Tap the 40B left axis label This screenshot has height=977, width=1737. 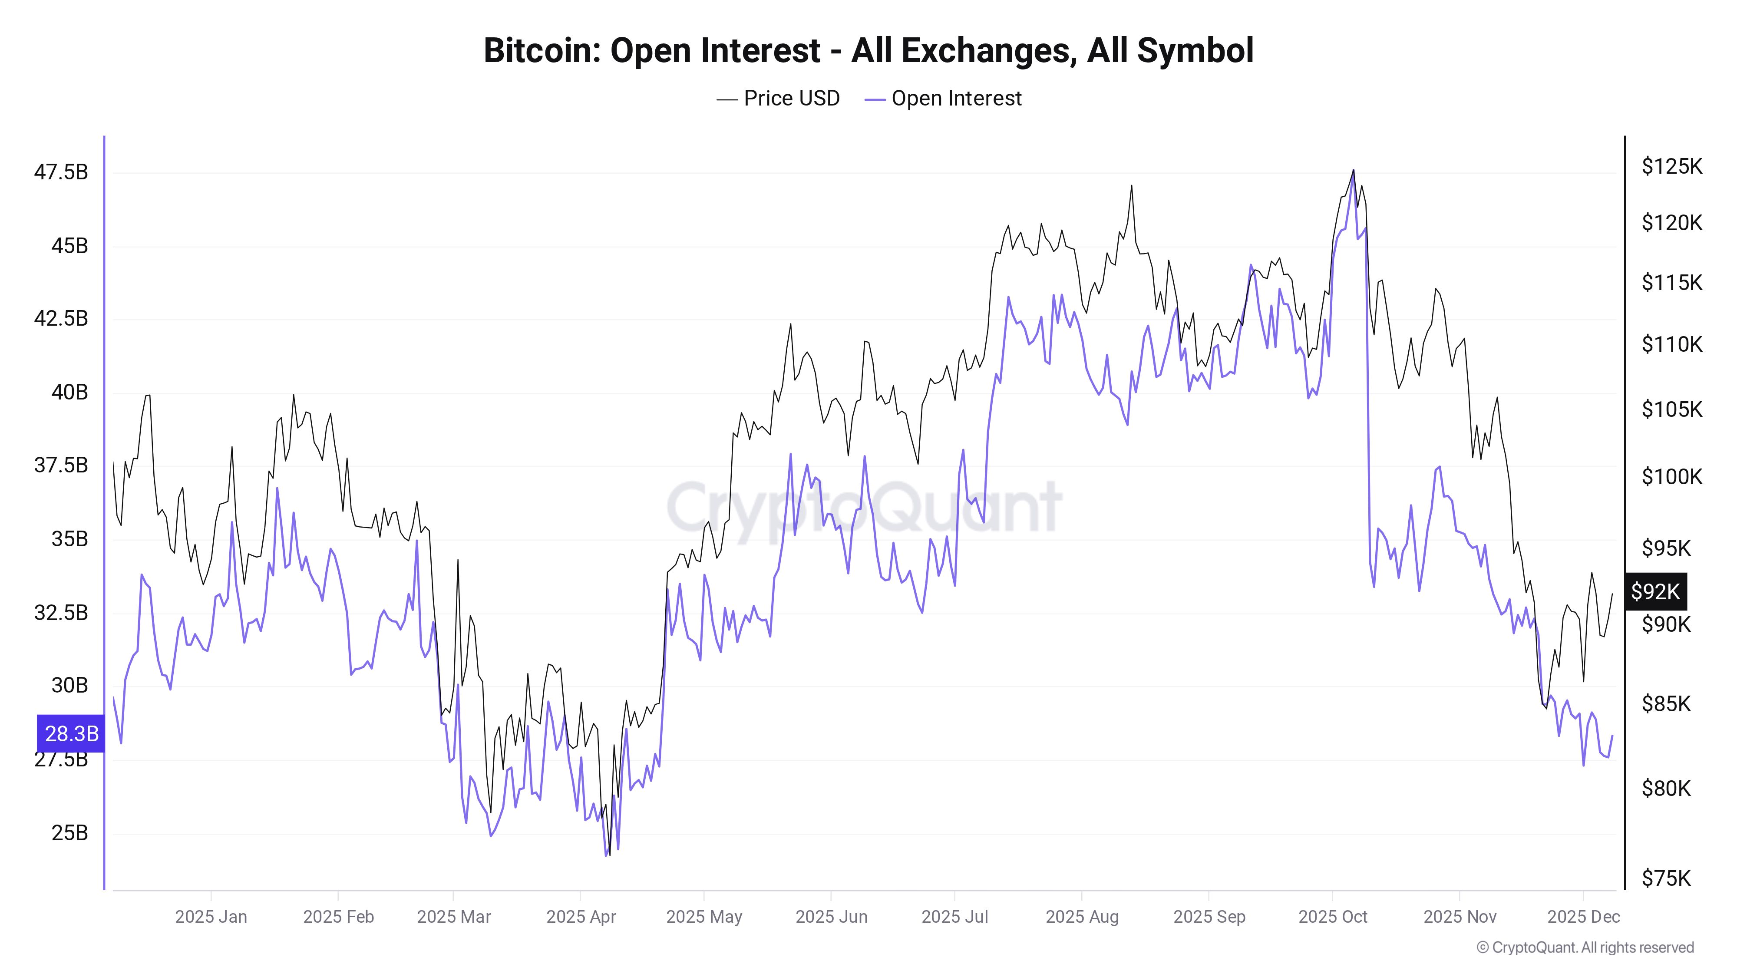point(69,393)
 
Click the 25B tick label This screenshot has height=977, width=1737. point(69,833)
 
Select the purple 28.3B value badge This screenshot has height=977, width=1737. point(71,733)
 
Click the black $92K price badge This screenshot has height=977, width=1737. point(1655,592)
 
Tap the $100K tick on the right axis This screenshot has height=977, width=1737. point(1671,477)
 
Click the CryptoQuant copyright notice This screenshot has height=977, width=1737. point(1585,948)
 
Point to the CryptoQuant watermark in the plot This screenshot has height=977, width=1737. point(864,506)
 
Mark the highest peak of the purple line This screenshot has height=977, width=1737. point(1353,177)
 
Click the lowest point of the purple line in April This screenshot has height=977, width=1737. point(606,855)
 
